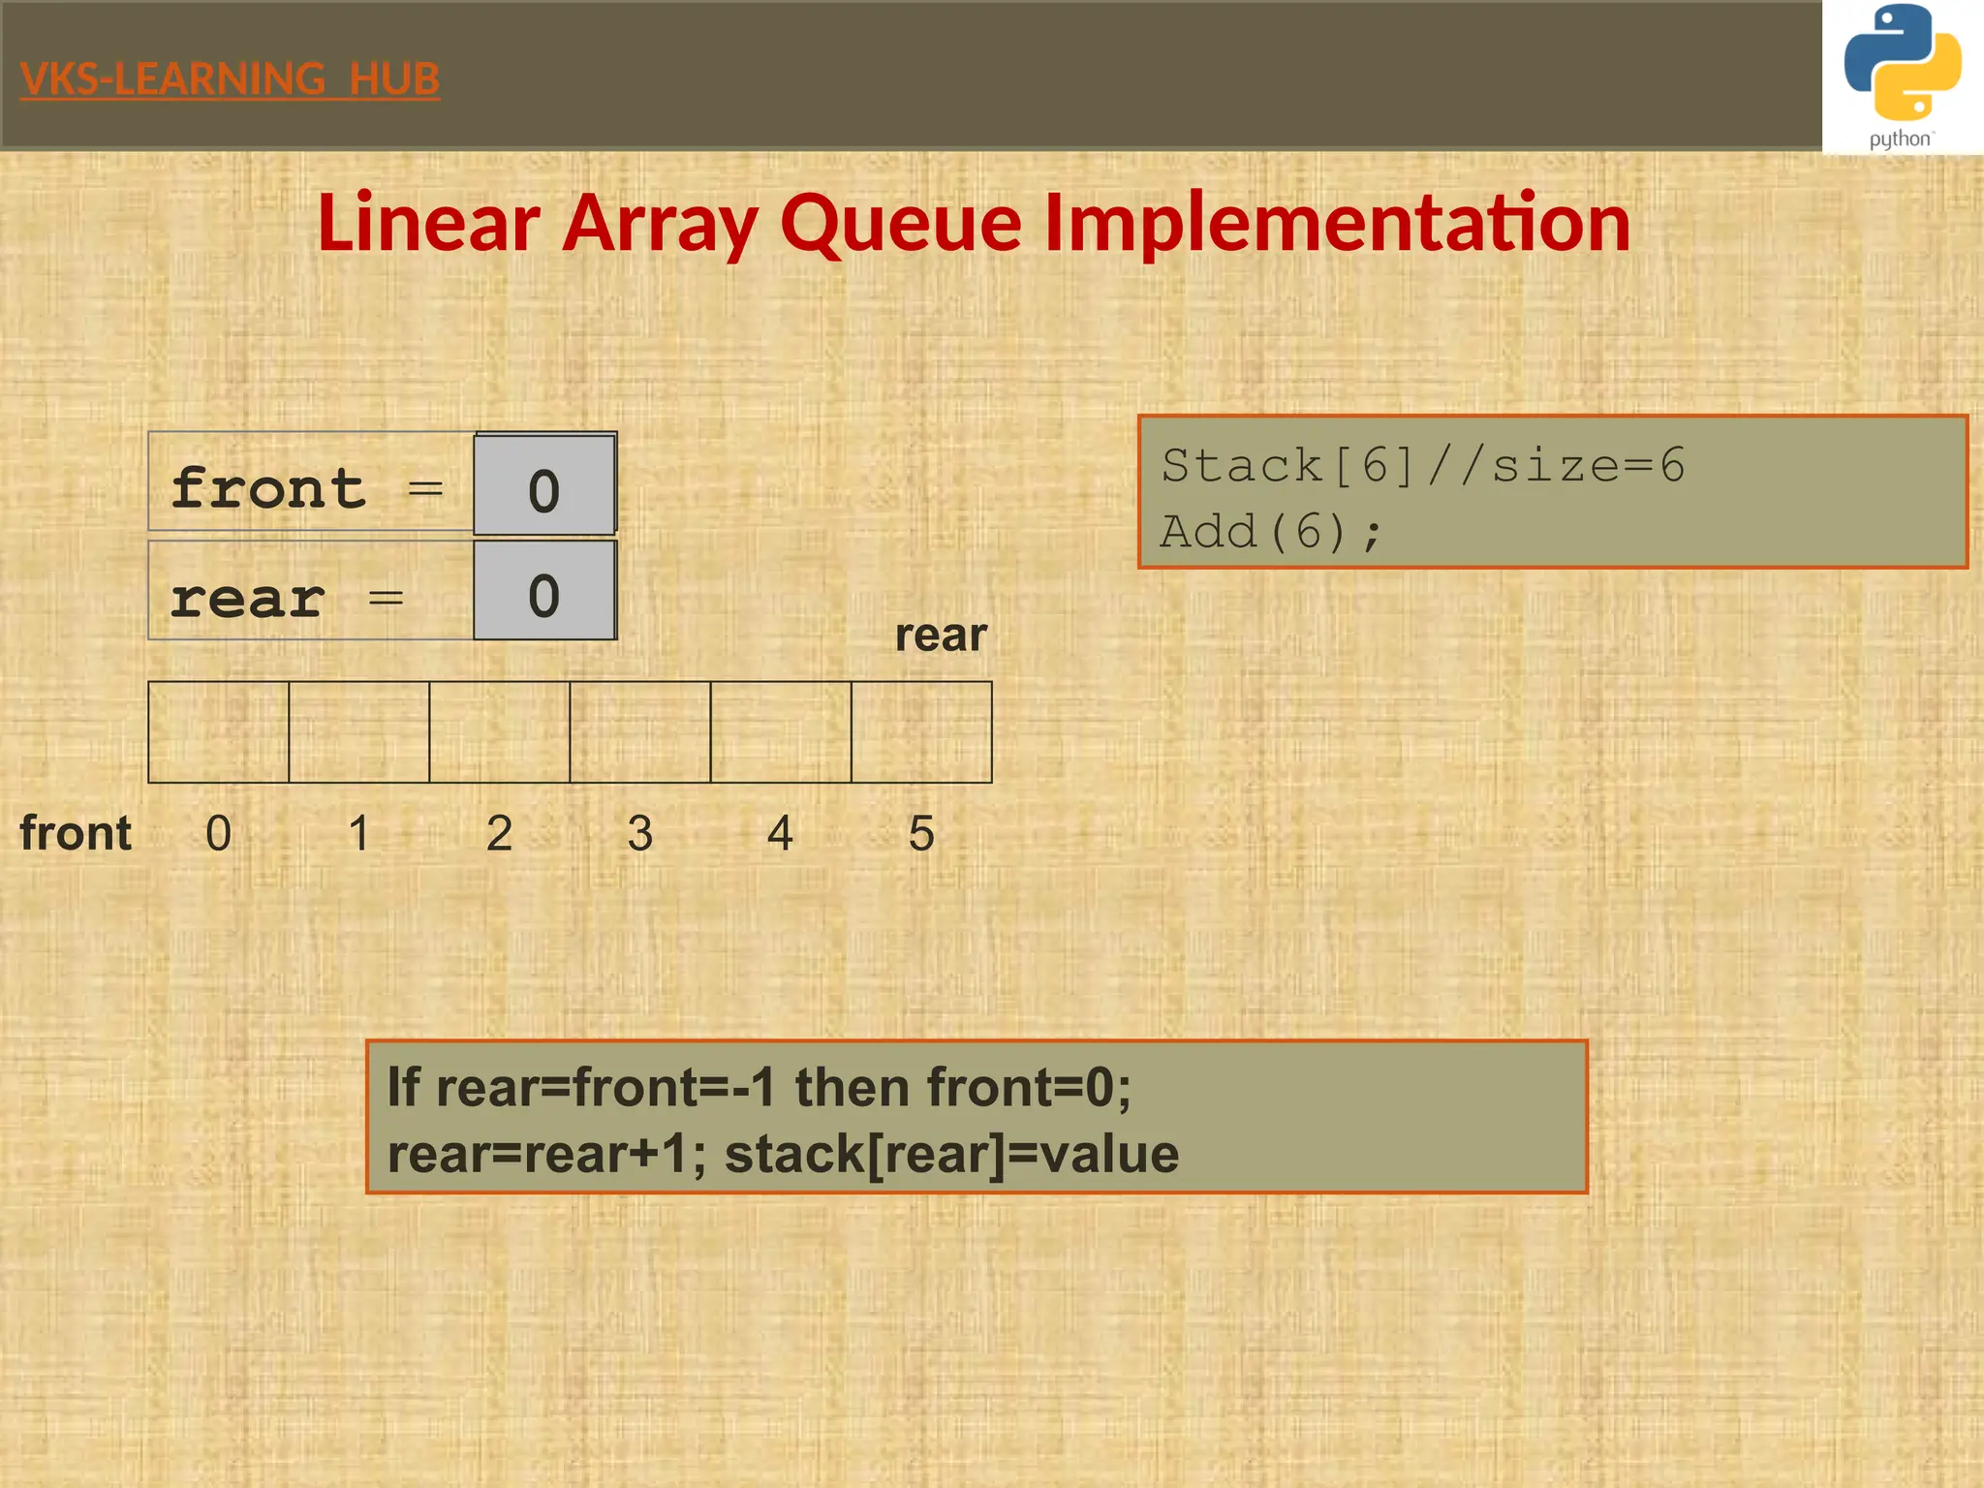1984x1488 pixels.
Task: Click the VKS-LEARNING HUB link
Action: (230, 78)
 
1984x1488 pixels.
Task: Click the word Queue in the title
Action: (900, 223)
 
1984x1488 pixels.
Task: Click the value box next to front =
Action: (544, 484)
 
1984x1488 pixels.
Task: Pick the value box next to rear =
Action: (544, 591)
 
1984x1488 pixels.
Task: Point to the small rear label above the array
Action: (940, 635)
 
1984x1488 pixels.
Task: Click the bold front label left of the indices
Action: (76, 833)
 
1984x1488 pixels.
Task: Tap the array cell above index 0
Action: (218, 731)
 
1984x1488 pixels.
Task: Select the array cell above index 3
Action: (640, 731)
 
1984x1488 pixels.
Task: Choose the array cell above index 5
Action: (921, 731)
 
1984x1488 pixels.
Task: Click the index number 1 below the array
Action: (358, 833)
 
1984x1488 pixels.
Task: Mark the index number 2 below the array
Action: (499, 833)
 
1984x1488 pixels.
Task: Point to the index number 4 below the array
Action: (780, 833)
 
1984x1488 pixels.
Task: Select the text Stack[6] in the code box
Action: (1288, 466)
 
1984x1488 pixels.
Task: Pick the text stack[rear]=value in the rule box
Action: (951, 1154)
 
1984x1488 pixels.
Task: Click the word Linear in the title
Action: (428, 223)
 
